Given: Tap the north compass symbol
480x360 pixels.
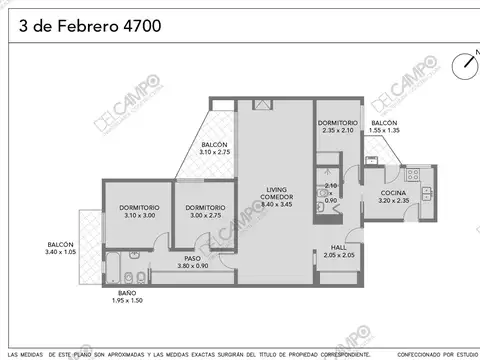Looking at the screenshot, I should click(465, 65).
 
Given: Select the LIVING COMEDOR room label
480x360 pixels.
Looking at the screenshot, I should click(278, 193).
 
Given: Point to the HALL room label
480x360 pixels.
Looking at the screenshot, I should click(338, 249).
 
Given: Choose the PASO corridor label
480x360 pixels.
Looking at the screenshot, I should click(192, 258).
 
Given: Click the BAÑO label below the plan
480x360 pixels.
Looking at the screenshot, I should click(125, 293).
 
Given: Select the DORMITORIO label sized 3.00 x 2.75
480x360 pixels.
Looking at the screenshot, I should click(204, 208).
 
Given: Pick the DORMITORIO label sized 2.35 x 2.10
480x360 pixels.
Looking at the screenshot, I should click(337, 122).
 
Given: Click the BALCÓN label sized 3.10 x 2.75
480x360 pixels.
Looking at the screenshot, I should click(213, 145).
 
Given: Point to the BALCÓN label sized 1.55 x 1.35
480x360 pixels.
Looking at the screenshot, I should click(384, 122).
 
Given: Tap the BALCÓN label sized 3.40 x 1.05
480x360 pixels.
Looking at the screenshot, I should click(61, 245).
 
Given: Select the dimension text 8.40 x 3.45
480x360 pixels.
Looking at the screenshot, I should click(278, 204).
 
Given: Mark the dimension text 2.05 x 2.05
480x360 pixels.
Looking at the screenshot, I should click(338, 256).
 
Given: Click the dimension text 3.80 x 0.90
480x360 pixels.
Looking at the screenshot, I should click(192, 265).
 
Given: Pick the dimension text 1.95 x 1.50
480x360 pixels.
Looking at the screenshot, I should click(125, 300).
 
